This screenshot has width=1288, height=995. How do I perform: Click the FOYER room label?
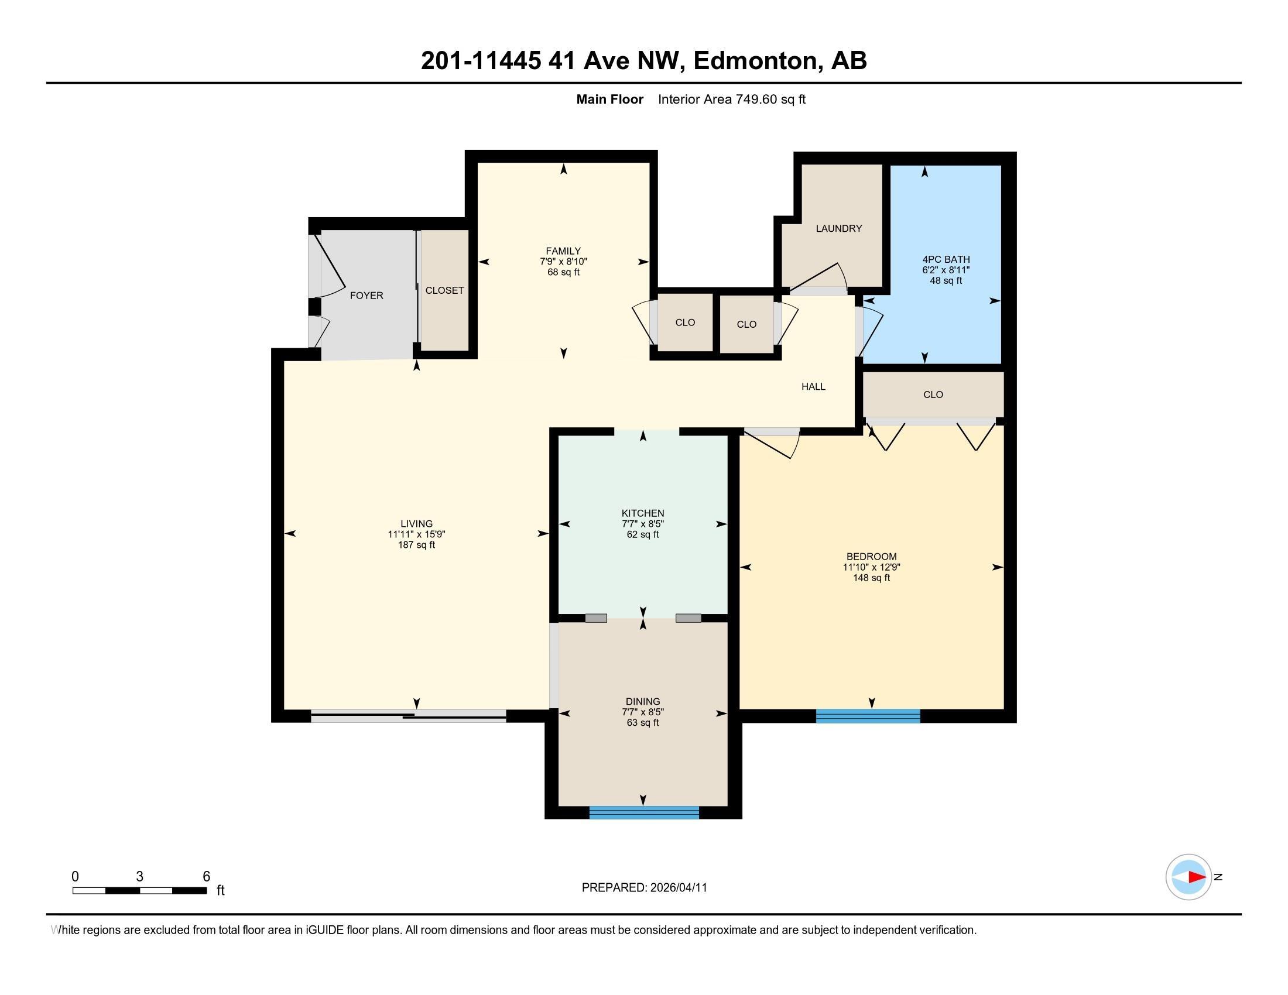[x=366, y=296]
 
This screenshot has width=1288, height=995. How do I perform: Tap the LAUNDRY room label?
[x=838, y=228]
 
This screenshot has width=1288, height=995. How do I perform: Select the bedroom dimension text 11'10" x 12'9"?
[x=871, y=567]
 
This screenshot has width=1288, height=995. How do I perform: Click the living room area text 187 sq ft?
[x=416, y=545]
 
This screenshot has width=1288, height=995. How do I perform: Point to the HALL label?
[x=813, y=387]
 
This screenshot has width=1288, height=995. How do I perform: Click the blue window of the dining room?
[x=644, y=812]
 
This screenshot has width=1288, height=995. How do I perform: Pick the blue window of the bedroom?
[x=868, y=716]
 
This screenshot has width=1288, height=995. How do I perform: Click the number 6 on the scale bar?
[x=207, y=877]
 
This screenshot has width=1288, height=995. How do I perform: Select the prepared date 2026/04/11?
[x=677, y=888]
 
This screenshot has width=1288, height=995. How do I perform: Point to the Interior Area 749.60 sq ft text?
[x=732, y=99]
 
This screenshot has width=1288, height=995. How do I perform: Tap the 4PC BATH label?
[x=946, y=259]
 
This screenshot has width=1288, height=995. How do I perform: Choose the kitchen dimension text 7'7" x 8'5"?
[x=643, y=523]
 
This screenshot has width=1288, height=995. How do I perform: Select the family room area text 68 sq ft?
[x=563, y=272]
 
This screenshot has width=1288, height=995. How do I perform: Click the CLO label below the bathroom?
[x=933, y=395]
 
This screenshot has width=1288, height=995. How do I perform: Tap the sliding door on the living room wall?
[x=408, y=716]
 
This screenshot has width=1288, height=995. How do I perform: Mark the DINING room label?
[x=643, y=701]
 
